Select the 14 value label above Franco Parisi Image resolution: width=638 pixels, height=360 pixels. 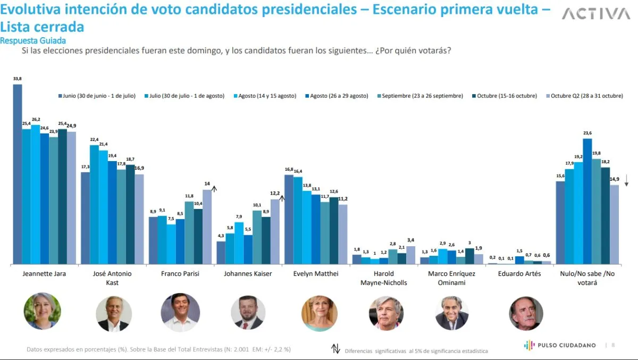(x=207, y=183)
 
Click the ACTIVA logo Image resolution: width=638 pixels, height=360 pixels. (x=595, y=14)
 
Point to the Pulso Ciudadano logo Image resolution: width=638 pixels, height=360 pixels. (x=560, y=345)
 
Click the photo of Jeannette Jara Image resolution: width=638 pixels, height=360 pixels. (x=43, y=311)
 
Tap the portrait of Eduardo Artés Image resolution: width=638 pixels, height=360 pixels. (x=526, y=313)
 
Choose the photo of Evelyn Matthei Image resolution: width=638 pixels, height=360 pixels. (x=320, y=313)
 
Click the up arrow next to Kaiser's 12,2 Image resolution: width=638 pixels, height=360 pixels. (x=282, y=198)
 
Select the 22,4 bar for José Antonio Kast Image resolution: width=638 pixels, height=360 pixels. (x=94, y=205)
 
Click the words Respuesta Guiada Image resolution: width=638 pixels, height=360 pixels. (x=33, y=40)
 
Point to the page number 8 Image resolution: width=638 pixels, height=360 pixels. (x=613, y=345)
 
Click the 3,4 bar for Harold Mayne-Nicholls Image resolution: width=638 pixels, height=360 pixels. (x=410, y=255)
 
